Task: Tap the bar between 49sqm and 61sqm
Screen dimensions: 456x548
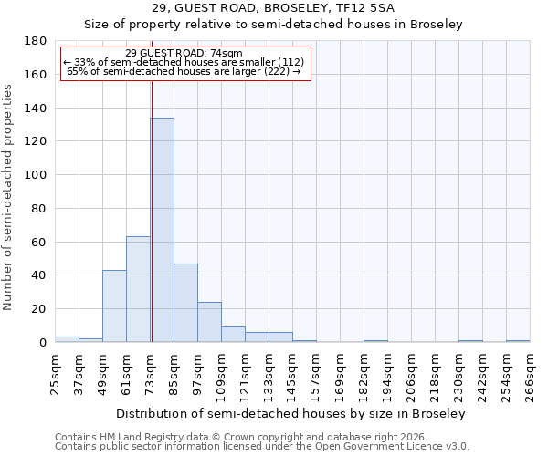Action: [x=114, y=306]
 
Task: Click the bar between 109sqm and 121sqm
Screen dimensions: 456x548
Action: [x=233, y=334]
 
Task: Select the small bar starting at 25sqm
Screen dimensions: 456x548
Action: [x=67, y=339]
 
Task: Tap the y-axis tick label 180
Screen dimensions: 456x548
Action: [x=36, y=41]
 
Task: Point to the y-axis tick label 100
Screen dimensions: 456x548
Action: [x=36, y=175]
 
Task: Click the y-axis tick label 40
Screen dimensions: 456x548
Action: [x=39, y=275]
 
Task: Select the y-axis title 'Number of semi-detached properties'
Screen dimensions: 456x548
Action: [x=8, y=197]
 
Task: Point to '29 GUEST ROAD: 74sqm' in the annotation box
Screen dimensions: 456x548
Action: [x=184, y=54]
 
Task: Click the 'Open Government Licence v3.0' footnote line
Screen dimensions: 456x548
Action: [x=262, y=446]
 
